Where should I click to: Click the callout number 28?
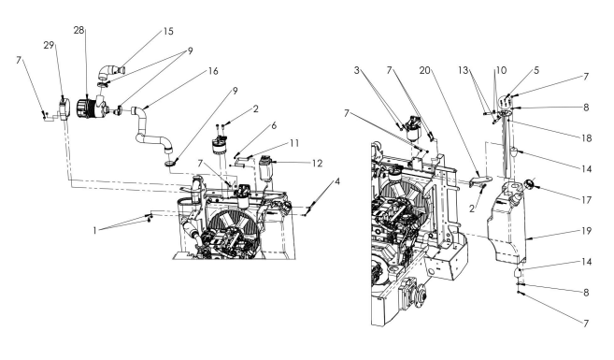(79, 30)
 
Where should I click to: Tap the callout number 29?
(49, 46)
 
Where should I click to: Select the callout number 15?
(168, 32)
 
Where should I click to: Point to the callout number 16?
(213, 71)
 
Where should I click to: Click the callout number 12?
(317, 164)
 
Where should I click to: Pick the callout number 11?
(294, 143)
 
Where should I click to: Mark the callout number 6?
(274, 125)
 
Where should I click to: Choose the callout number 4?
(337, 181)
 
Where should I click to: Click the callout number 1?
(94, 231)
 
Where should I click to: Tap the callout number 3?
(356, 70)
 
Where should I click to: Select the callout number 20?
(425, 70)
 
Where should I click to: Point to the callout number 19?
(586, 231)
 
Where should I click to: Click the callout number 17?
(586, 200)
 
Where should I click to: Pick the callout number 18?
(586, 138)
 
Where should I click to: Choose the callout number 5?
(536, 70)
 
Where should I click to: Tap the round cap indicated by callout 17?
(529, 183)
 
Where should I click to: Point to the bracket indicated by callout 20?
(479, 181)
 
